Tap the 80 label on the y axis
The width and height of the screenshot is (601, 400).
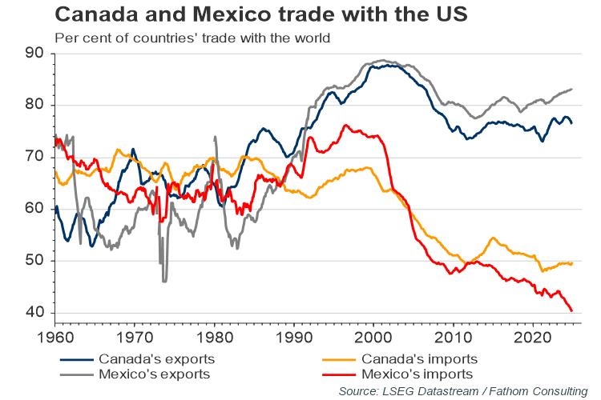pos(34,106)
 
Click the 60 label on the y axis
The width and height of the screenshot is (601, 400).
pos(34,209)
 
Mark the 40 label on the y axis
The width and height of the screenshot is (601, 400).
pos(34,313)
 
